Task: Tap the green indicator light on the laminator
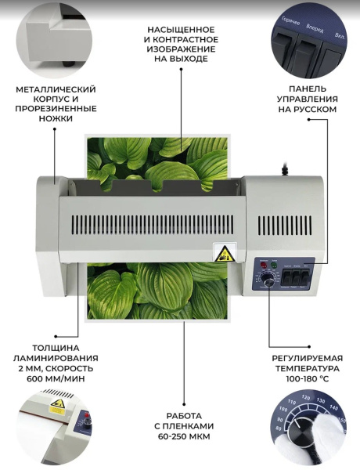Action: [x=273, y=265]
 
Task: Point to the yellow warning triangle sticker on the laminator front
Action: [x=222, y=254]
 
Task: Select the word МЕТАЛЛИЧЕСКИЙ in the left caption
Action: [x=56, y=89]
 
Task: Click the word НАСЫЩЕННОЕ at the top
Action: [x=181, y=30]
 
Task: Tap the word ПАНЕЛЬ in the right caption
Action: [x=308, y=89]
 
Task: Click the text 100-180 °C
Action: [x=308, y=378]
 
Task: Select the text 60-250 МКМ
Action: [x=184, y=436]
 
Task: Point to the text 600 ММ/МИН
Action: [x=56, y=378]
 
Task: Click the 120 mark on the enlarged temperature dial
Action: [x=306, y=397]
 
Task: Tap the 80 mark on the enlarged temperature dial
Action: [x=279, y=429]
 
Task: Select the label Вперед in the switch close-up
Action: [x=315, y=28]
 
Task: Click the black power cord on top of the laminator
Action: [x=285, y=168]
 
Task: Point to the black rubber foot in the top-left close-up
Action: [x=68, y=64]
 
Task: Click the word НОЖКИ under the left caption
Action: [x=56, y=118]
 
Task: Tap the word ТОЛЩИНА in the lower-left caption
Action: [x=56, y=348]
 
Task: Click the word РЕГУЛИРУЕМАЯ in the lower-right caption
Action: [x=308, y=358]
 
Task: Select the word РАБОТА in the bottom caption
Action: [x=184, y=416]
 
